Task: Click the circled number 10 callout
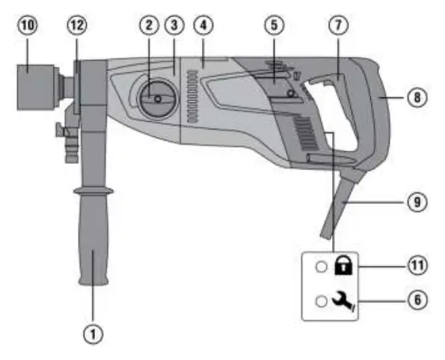click(28, 25)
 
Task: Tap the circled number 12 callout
click(77, 25)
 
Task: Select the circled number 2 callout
click(150, 25)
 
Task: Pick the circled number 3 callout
click(174, 25)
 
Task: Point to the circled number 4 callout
click(203, 25)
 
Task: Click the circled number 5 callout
click(274, 25)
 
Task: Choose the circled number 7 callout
click(338, 25)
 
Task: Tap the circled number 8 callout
click(417, 97)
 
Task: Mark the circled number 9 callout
click(417, 202)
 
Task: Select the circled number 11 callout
click(417, 266)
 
